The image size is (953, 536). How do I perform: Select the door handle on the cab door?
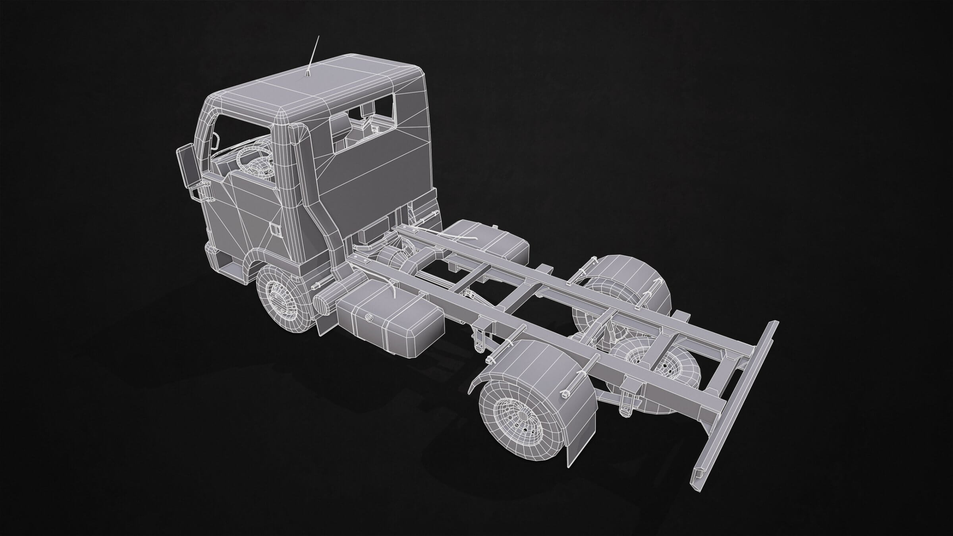coord(274,229)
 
